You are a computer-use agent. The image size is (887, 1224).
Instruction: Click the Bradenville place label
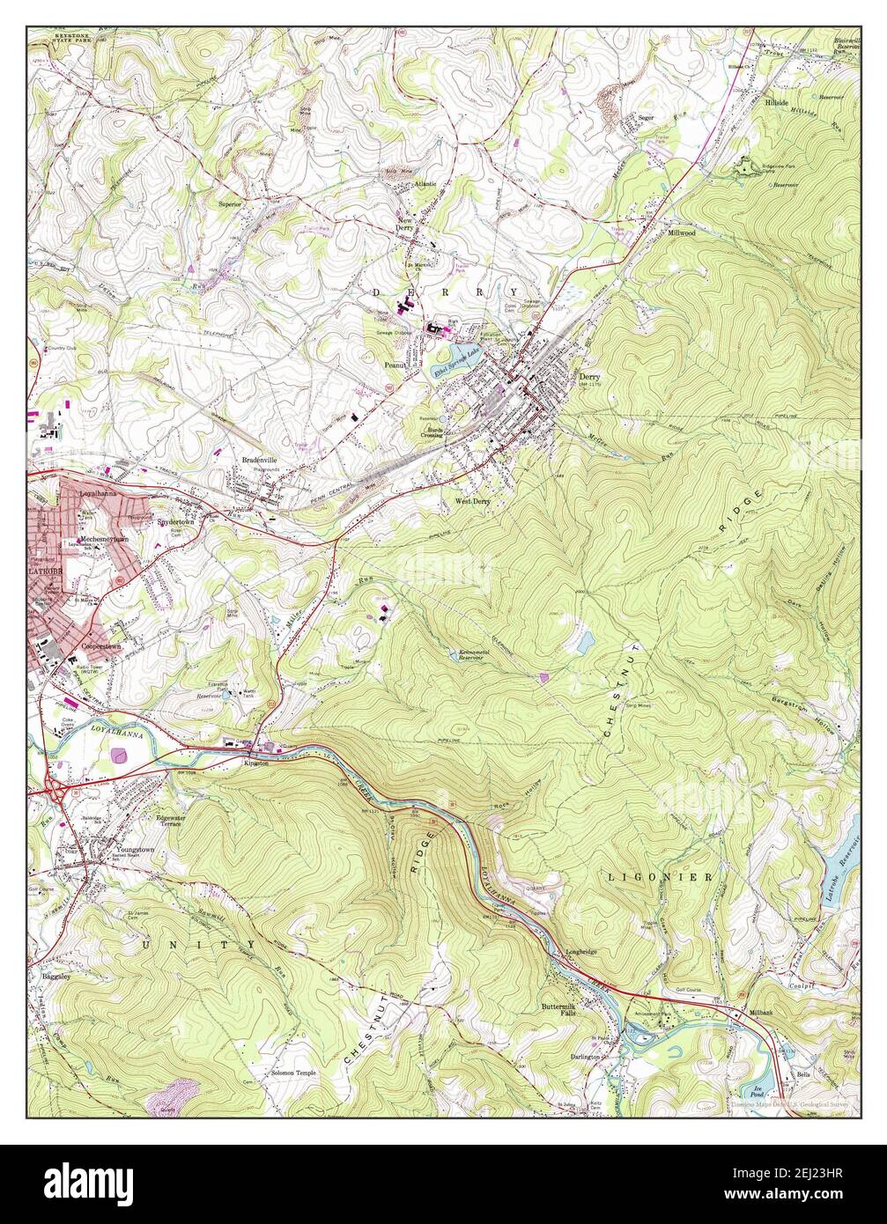(x=260, y=460)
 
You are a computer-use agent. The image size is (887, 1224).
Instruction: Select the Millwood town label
(x=681, y=233)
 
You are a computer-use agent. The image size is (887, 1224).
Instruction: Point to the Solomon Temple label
(x=293, y=1073)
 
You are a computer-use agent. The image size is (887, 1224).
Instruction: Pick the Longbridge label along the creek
(x=580, y=951)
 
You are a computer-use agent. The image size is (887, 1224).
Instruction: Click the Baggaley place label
(x=55, y=977)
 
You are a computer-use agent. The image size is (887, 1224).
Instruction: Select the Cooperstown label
(x=100, y=645)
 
